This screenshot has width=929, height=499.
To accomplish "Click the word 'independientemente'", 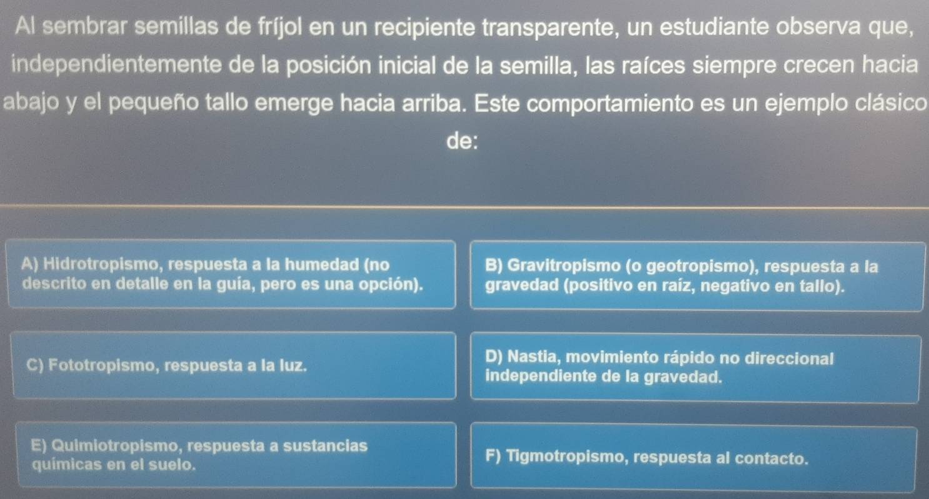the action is tap(116, 64).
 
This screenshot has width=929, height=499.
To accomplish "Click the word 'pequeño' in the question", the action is tap(154, 104).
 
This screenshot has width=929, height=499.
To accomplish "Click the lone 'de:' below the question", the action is tap(462, 141).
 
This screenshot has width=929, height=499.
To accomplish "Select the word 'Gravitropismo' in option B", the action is tap(564, 266).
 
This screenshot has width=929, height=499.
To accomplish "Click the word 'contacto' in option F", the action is tap(771, 459).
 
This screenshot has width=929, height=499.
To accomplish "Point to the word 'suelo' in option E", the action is tap(172, 465).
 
